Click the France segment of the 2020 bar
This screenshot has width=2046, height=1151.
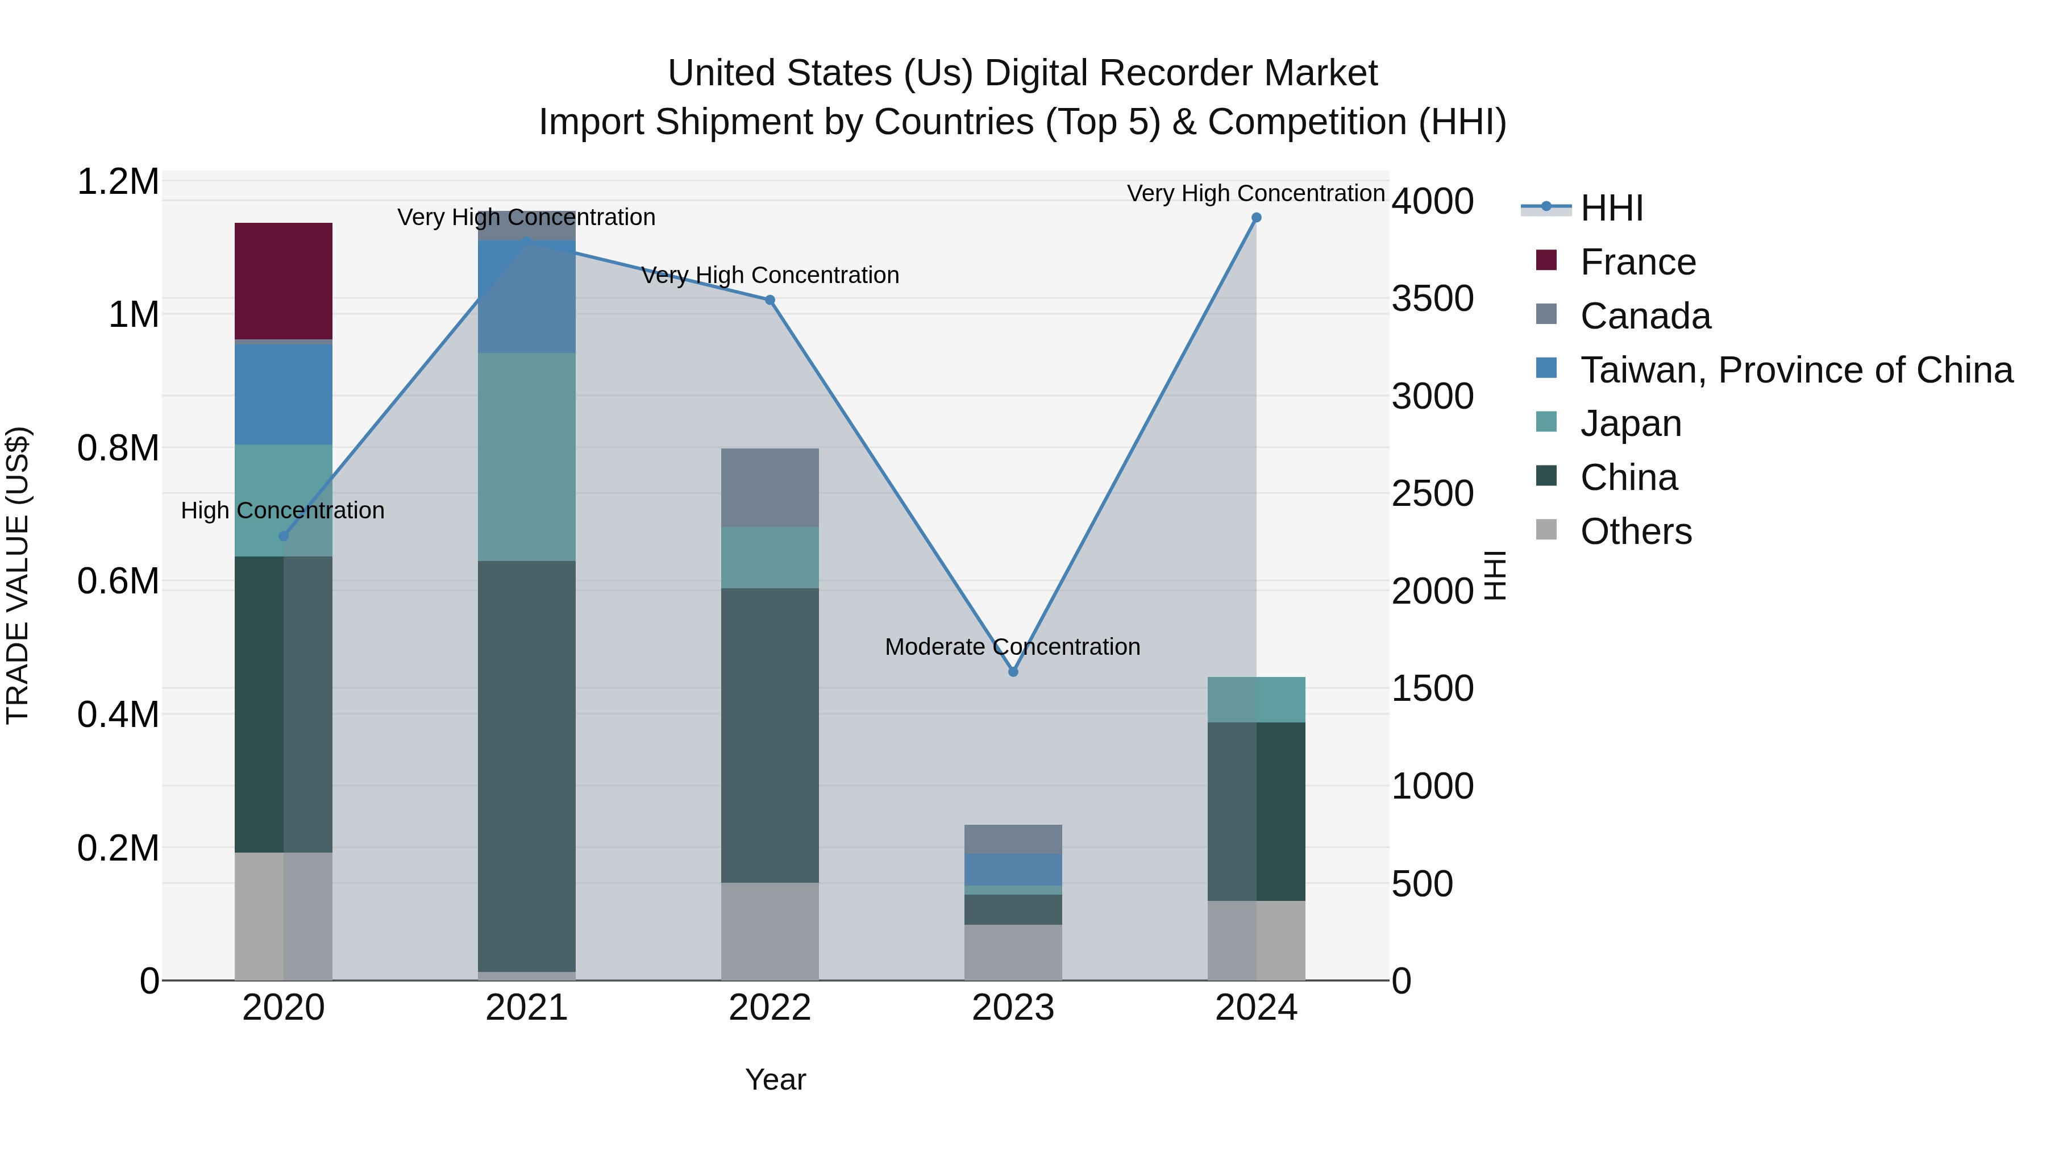[283, 280]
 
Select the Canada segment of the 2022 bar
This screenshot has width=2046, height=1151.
[769, 487]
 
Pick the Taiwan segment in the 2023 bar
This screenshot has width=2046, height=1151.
[1013, 869]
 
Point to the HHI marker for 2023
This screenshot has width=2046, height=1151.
[1013, 672]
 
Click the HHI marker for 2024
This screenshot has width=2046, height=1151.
[1255, 218]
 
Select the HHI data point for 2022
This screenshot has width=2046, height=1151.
[769, 300]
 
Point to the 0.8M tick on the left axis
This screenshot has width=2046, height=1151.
[118, 448]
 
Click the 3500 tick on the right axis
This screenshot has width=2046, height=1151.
[1432, 298]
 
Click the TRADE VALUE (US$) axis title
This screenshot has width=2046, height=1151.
[18, 575]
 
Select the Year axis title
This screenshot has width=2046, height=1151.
[775, 1079]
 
